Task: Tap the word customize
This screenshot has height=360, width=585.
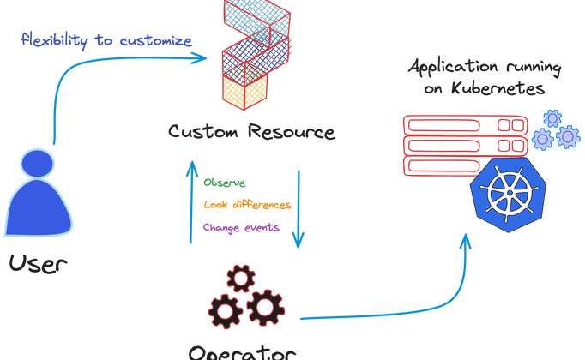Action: pos(155,40)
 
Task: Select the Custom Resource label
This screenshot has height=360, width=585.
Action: pos(251,132)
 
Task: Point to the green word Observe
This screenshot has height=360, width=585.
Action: pos(225,183)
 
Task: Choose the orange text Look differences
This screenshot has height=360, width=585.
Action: pos(247,205)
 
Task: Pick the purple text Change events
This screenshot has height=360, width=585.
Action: pos(241,228)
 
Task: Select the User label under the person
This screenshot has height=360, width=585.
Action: pos(37,262)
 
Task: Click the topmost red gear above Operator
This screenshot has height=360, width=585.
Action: pos(241,279)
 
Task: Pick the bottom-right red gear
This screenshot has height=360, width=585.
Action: pos(266,306)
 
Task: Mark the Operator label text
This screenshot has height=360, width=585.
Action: pos(243,351)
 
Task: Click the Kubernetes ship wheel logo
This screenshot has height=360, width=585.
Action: pos(506,195)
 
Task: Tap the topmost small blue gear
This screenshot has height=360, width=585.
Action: pos(552,118)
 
